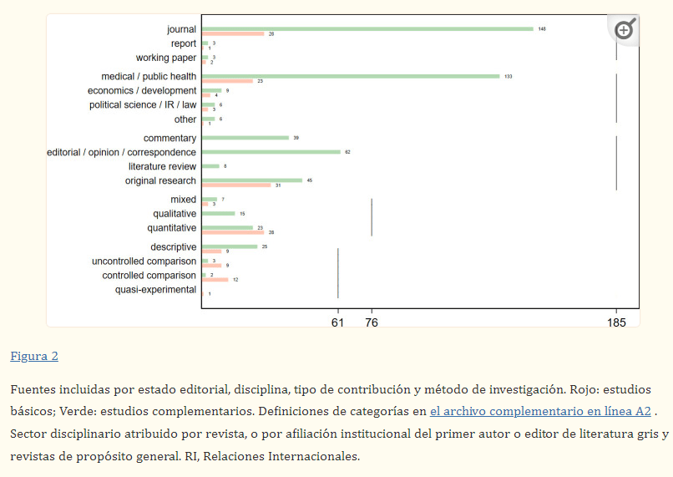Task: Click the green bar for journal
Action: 367,28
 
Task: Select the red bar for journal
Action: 233,34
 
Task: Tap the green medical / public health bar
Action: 351,76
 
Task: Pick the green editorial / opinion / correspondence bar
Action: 271,152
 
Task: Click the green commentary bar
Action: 245,138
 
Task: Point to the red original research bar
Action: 236,185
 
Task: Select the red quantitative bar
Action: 233,232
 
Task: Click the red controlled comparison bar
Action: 215,280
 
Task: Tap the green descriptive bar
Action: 230,246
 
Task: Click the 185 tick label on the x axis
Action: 616,322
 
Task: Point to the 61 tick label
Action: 338,322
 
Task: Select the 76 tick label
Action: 372,322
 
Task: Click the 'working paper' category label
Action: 166,58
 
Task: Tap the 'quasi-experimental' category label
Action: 155,290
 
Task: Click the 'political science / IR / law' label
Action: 143,105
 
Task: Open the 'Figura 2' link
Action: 34,357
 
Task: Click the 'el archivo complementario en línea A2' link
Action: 540,411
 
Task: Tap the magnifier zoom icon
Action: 625,30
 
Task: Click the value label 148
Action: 542,28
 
